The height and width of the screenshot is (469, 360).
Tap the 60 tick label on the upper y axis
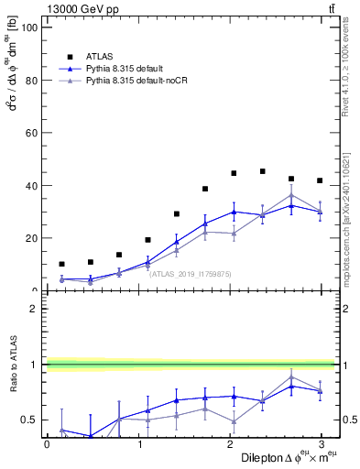point(30,133)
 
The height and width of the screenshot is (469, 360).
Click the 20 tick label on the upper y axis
point(30,238)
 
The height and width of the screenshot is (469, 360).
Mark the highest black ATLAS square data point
point(263,171)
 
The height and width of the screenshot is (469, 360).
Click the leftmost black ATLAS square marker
point(61,264)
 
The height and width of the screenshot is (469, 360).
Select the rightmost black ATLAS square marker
point(320,180)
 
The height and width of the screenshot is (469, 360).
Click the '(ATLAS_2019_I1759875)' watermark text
point(191,273)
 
